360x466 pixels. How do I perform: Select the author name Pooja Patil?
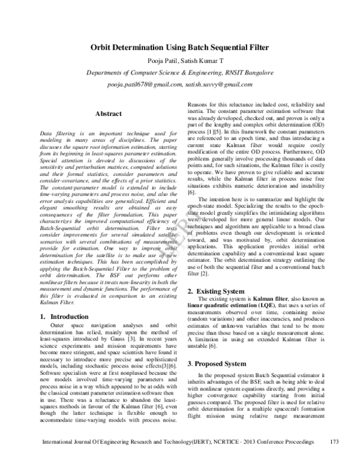(x=157, y=61)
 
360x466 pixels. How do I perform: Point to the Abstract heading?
(x=109, y=114)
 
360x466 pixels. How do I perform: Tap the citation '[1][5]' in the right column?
(x=219, y=131)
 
